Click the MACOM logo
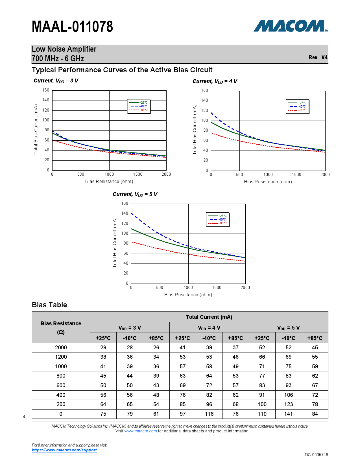[291, 26]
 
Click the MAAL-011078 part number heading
[72, 27]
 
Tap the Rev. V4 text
[318, 57]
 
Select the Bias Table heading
[49, 305]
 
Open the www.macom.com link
[140, 431]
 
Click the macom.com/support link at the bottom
[64, 450]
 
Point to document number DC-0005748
[316, 455]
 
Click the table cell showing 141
[288, 414]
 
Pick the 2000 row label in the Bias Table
[61, 348]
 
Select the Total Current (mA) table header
[209, 317]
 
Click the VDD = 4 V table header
[209, 328]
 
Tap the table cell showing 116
[209, 414]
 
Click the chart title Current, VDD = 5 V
[135, 194]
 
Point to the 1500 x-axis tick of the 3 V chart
[138, 174]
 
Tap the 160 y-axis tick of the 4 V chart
[204, 91]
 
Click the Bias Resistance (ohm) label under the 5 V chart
[188, 295]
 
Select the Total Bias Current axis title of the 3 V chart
[36, 129]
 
